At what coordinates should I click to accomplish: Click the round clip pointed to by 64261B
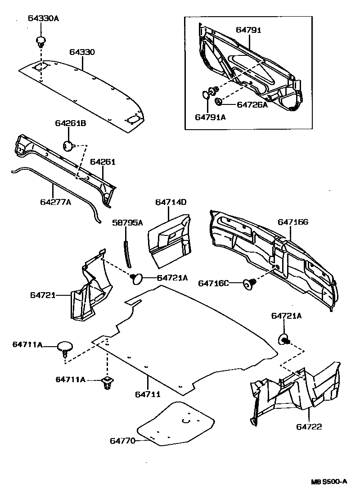[x=68, y=146]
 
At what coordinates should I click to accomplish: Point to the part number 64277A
[x=55, y=202]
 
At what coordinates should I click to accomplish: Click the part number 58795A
[x=127, y=223]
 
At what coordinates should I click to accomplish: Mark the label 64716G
[x=293, y=221]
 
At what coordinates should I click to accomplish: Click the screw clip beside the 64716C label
[x=248, y=284]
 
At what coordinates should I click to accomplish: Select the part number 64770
[x=122, y=441]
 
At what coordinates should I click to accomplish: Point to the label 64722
[x=309, y=426]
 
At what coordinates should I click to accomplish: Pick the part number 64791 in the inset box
[x=248, y=30]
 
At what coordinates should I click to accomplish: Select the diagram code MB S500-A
[x=329, y=481]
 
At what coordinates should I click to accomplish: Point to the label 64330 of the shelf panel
[x=82, y=52]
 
